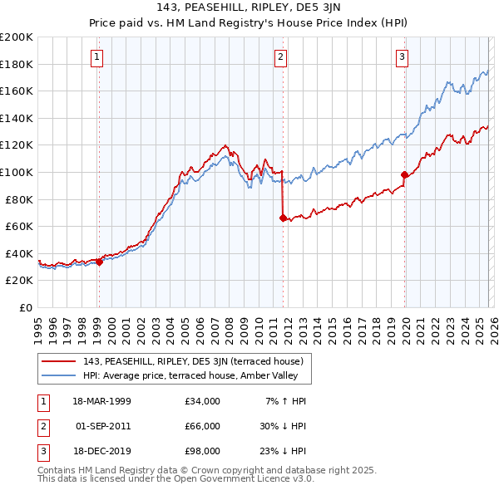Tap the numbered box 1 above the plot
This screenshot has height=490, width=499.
[98, 57]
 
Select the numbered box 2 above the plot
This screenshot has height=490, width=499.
[281, 57]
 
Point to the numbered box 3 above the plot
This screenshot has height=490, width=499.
[403, 57]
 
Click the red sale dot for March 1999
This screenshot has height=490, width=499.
[99, 262]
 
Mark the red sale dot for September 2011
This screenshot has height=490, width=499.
[283, 218]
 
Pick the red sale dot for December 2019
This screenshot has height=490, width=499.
[404, 175]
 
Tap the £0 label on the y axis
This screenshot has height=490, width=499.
[25, 307]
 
